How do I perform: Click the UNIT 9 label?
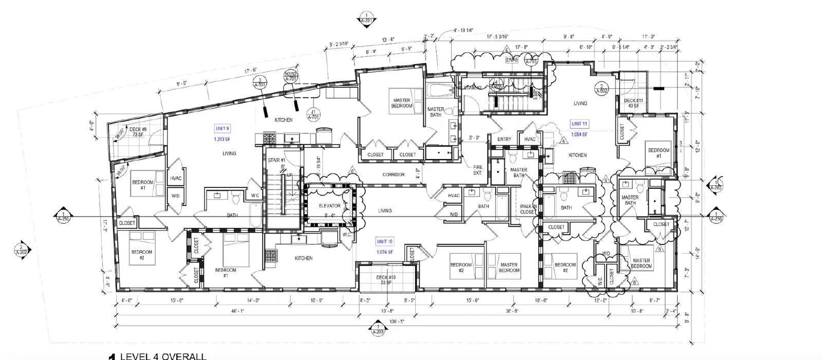click(x=222, y=128)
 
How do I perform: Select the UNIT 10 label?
click(x=385, y=241)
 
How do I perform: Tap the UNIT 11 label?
click(x=579, y=124)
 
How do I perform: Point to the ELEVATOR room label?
click(x=329, y=206)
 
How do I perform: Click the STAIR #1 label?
click(x=276, y=160)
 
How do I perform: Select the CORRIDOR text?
click(x=394, y=175)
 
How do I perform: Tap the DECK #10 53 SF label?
click(x=385, y=280)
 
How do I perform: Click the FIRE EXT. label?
click(x=478, y=170)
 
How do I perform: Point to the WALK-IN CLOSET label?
click(x=528, y=209)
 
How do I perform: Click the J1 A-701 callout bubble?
click(x=312, y=114)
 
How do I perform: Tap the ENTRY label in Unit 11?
click(x=504, y=139)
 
